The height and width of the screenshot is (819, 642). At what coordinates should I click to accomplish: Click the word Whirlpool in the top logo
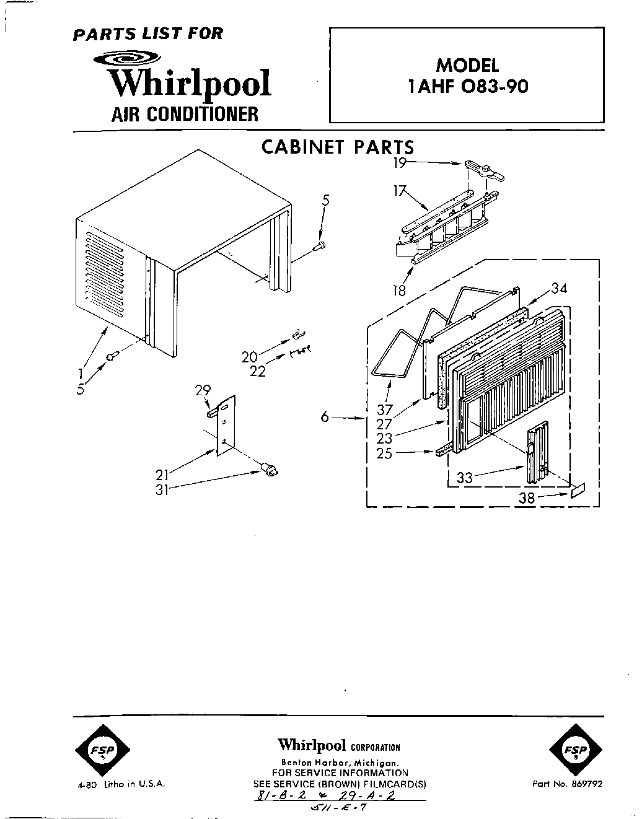(x=190, y=84)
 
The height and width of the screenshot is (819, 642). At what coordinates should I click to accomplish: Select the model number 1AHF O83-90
(x=467, y=86)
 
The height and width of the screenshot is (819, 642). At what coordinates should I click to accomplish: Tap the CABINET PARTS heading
(x=337, y=147)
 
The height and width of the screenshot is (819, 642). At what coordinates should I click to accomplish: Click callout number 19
(x=400, y=163)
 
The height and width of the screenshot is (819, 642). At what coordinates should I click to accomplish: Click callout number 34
(x=559, y=288)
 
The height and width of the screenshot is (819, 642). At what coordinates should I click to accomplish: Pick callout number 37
(x=385, y=409)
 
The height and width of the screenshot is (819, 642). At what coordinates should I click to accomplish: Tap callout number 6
(x=324, y=418)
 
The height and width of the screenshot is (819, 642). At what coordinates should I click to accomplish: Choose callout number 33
(x=465, y=478)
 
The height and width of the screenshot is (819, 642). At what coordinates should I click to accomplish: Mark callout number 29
(x=203, y=390)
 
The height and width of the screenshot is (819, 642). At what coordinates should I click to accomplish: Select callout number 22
(x=258, y=371)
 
